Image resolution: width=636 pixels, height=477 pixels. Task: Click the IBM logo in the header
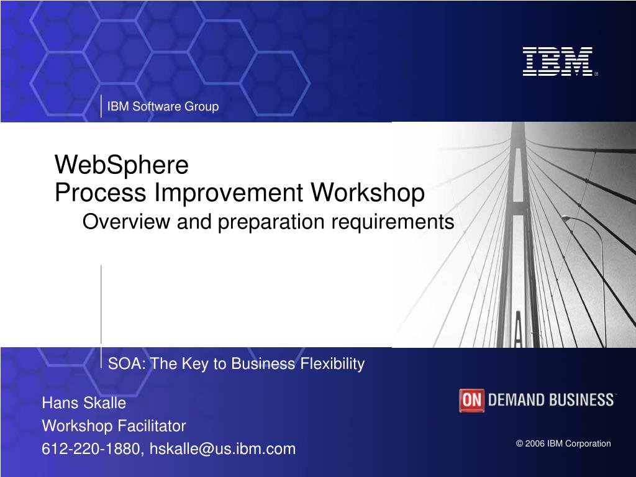559,61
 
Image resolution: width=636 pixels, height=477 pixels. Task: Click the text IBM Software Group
163,106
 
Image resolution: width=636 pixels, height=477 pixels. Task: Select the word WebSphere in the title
122,165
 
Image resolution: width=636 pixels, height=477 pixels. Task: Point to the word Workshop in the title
368,193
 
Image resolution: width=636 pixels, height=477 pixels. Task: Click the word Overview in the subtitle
126,222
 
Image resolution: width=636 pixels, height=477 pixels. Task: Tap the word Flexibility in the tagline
332,364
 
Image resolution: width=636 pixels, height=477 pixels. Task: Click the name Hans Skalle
84,402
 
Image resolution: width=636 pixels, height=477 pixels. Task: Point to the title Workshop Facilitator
114,426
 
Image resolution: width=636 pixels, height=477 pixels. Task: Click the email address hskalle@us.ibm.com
223,449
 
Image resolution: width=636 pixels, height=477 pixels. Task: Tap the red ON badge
472,401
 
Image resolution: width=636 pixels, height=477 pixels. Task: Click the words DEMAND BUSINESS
551,400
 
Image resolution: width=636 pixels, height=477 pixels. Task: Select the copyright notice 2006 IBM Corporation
563,443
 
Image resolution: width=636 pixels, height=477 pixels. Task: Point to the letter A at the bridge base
518,329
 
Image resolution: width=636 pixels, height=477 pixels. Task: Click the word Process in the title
100,193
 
